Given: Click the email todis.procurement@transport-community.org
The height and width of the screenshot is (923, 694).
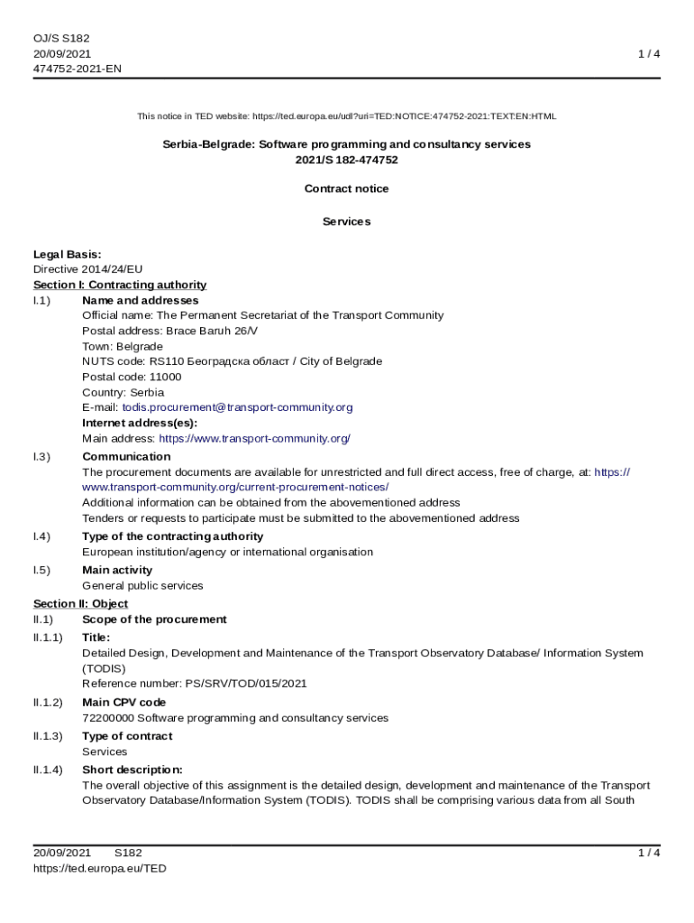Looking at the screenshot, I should click(237, 407).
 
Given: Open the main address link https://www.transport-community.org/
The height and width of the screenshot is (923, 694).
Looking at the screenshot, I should click(254, 439).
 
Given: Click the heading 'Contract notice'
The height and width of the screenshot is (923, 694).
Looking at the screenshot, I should click(347, 189).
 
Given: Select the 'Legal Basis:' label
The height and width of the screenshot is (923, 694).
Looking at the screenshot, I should click(68, 254).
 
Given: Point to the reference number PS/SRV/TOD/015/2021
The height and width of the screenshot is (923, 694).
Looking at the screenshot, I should click(246, 683).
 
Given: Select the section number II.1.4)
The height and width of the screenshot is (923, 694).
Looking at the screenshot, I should click(48, 770).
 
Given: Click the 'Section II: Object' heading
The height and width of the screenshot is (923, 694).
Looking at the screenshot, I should click(80, 604).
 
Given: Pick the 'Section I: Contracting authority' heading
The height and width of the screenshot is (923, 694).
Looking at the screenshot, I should click(120, 285).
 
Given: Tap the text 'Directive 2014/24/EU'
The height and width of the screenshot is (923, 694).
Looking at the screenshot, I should click(88, 270).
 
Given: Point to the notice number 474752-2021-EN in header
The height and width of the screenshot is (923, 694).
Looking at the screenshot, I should click(78, 69).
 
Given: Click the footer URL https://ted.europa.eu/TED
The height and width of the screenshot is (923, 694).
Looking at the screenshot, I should click(100, 869).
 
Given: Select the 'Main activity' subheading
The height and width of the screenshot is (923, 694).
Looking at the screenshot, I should click(117, 570).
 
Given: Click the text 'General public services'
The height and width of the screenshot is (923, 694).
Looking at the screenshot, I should click(142, 586).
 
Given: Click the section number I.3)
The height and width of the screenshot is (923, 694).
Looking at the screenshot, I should click(41, 457).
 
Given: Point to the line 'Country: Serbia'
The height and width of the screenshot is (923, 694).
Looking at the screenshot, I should click(123, 393).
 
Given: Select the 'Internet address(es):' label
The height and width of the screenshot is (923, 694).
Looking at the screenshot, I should click(140, 423).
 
